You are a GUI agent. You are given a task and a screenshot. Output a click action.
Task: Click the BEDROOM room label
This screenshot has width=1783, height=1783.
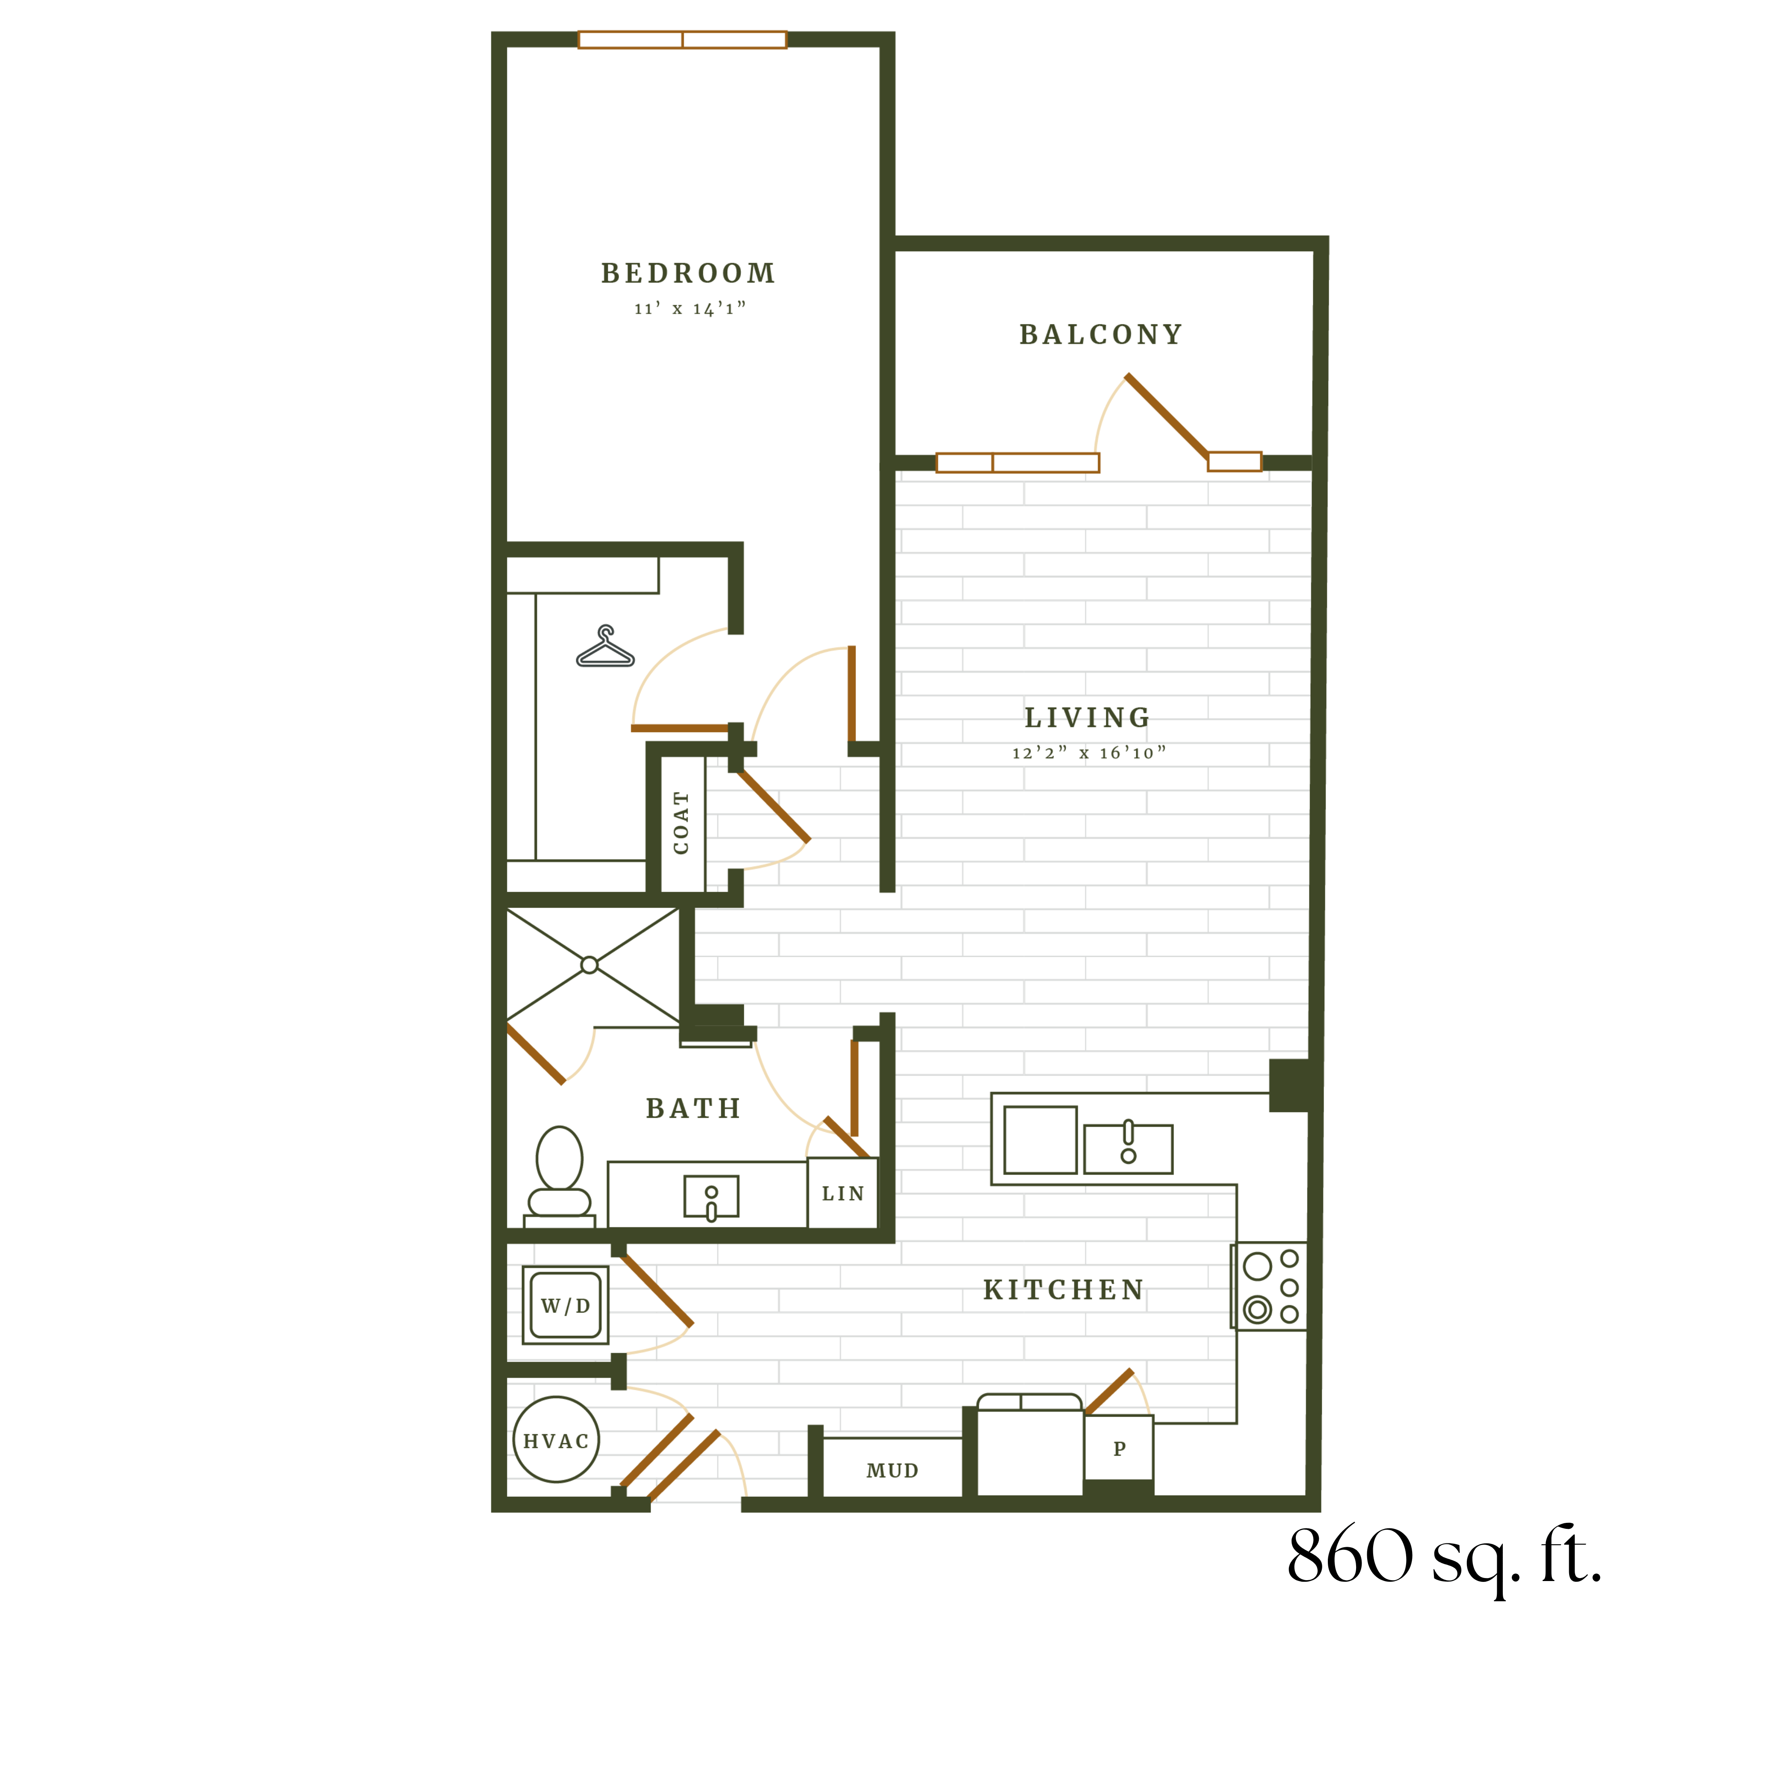[x=688, y=273]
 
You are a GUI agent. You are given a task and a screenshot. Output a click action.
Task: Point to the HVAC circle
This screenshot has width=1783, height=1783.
[x=556, y=1441]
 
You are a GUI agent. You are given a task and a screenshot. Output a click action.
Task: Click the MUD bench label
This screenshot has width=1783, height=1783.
[x=892, y=1470]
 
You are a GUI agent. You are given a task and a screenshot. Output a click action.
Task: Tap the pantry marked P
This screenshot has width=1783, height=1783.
[x=1119, y=1448]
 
